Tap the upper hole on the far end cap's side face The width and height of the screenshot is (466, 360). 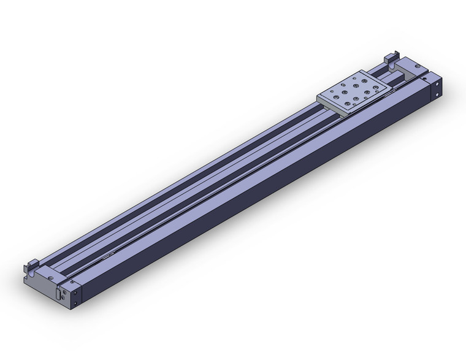tap(437, 84)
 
